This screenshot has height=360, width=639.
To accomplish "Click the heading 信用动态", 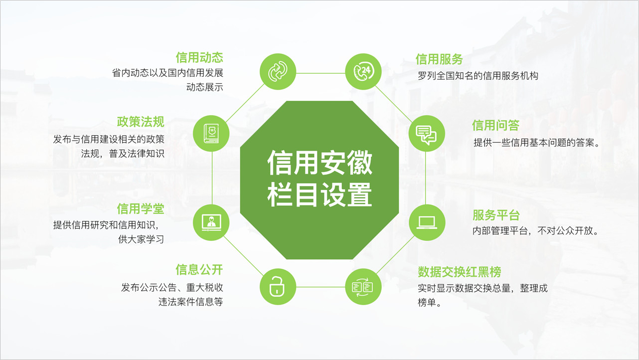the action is pos(199,58).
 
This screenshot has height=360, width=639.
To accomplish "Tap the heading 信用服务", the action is pos(439,59).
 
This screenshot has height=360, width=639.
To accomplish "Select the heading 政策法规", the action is pos(141,122).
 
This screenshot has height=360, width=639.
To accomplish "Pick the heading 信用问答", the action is pos(496,125).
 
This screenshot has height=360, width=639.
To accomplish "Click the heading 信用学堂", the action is pos(141,209).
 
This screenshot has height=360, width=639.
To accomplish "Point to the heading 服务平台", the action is pos(496,215).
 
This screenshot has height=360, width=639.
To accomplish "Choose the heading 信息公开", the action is pos(199,270).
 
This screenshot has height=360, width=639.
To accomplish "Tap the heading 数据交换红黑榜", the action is pos(460,272).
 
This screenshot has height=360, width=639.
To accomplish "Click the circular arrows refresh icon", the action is pos(278,71).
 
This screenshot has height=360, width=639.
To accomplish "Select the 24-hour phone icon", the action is pos(363,72).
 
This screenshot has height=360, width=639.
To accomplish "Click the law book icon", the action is pos(211,133).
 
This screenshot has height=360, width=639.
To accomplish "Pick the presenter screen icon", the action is pos(211,223).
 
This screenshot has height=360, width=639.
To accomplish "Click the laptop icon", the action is pos(427,222).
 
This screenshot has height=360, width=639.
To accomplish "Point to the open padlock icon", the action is pos(277,286).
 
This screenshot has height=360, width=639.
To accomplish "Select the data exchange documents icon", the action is pos(363,287).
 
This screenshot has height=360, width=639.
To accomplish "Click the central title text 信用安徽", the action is pos(320,163).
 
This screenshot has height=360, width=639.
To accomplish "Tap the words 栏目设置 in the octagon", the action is pos(320,194).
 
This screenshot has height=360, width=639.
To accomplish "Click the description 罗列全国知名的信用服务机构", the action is pos(478,76).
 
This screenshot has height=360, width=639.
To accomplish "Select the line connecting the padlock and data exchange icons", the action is pos(320,287).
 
